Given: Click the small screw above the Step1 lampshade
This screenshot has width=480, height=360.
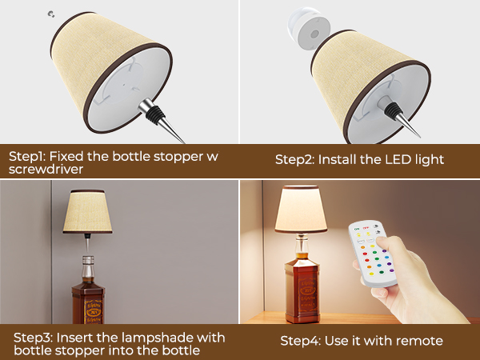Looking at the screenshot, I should click(x=52, y=14).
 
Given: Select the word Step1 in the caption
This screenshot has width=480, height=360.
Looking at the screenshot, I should click(x=27, y=156).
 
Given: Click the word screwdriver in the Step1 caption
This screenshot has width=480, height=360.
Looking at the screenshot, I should click(x=45, y=170).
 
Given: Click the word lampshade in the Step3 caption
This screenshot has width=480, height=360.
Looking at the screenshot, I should click(x=146, y=338).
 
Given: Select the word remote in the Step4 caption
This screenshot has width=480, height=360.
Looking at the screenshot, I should click(x=422, y=342).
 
